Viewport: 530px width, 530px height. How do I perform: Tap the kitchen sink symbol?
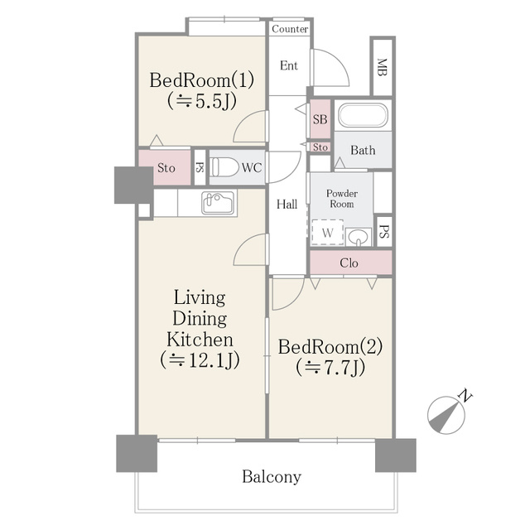(x=218, y=202)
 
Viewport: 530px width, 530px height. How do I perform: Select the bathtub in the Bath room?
(x=363, y=115)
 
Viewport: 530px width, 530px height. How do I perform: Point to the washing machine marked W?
(x=328, y=233)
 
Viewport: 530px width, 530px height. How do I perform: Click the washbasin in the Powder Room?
(x=358, y=237)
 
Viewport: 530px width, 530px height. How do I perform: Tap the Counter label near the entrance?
(x=290, y=29)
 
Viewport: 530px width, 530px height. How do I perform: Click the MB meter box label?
(x=382, y=67)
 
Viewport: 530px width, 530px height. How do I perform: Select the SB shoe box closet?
(x=320, y=118)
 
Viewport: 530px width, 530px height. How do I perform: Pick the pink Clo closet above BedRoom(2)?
(x=351, y=263)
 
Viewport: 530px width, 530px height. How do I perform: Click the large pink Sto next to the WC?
(x=165, y=167)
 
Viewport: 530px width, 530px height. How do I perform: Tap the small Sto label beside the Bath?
(x=320, y=147)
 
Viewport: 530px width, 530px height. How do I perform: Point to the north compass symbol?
(x=447, y=413)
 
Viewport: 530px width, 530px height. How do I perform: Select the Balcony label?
(x=272, y=477)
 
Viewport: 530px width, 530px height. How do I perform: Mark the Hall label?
(x=287, y=205)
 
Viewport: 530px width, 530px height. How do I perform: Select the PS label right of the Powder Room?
(x=384, y=232)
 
